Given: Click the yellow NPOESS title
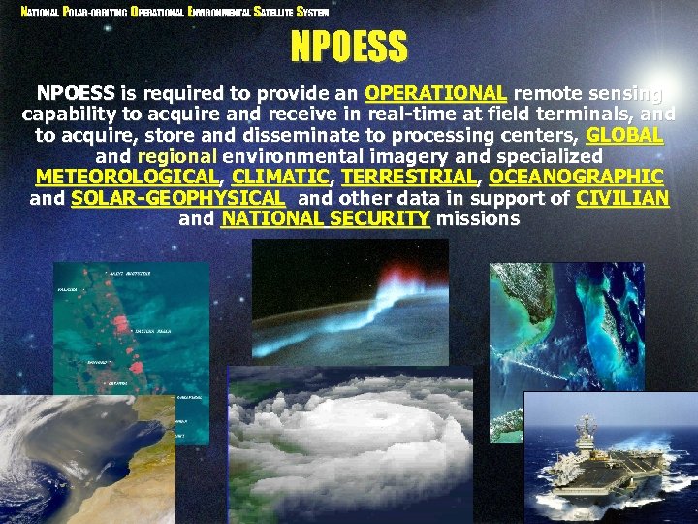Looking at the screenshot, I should pos(349,47).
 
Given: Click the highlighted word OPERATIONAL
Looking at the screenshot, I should pos(435,94).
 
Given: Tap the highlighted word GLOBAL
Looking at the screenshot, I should pos(624,135).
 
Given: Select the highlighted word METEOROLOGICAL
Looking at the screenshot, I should pos(126,178).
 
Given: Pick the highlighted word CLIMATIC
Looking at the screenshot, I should pos(281,178).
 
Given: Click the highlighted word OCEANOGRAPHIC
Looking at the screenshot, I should pos(576,178).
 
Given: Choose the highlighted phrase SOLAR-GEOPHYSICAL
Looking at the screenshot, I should pos(178,198).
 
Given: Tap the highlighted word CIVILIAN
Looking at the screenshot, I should pos(622,198).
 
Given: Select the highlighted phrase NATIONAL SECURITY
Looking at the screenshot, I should pos(325,219).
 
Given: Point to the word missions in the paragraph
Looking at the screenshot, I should pos(477,219).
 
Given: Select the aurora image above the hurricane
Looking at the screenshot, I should pos(350,301).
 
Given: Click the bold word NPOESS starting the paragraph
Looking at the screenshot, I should pos(76,94).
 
